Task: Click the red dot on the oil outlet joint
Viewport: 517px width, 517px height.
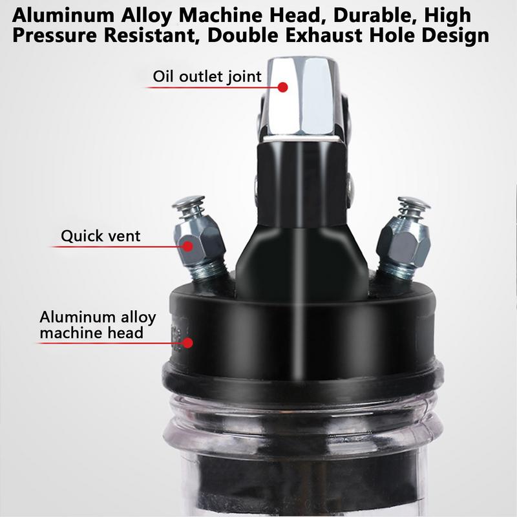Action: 282,87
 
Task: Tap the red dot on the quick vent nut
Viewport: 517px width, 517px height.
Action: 188,246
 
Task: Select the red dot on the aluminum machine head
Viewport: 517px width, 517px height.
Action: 187,343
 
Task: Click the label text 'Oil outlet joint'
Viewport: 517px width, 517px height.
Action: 207,76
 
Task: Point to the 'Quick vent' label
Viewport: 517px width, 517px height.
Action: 101,236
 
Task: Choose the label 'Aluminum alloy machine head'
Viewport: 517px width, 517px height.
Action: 98,325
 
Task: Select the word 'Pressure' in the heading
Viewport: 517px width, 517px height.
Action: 55,36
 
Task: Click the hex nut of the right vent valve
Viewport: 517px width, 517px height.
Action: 403,244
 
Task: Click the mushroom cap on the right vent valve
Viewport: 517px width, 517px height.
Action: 414,203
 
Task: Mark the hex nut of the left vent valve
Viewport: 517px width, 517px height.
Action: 199,241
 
